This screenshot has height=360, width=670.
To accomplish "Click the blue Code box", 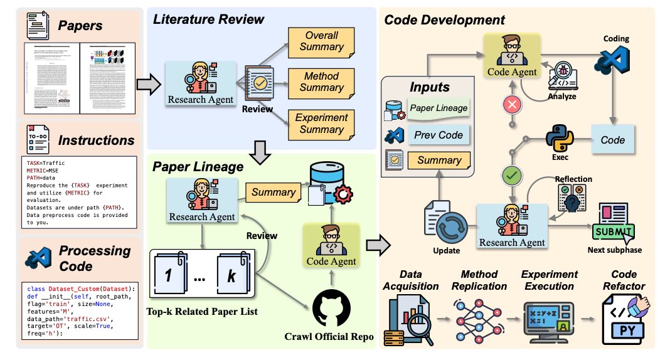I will pyautogui.click(x=613, y=140).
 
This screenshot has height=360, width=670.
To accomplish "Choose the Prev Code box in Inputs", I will pyautogui.click(x=439, y=134).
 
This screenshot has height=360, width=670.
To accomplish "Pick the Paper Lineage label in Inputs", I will pyautogui.click(x=439, y=108).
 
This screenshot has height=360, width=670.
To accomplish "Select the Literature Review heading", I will pyautogui.click(x=209, y=18).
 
